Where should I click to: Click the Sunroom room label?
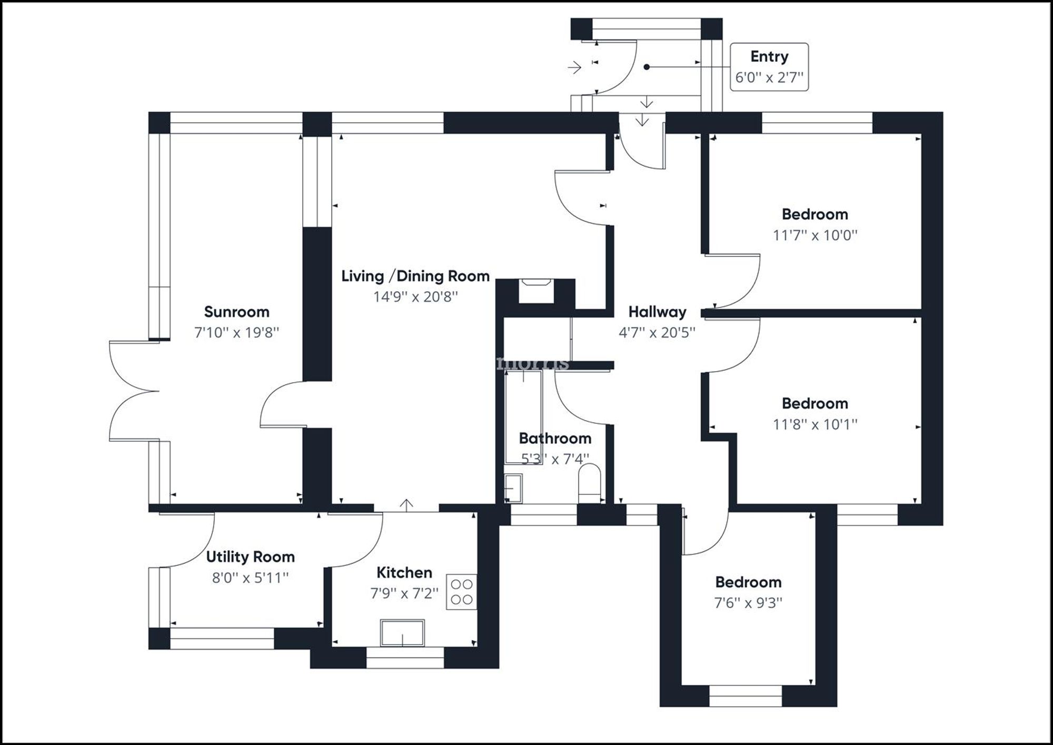coord(236,312)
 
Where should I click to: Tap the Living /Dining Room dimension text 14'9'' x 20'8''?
coord(415,297)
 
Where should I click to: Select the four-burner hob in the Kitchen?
coord(462,592)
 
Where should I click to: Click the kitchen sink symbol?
coord(402,633)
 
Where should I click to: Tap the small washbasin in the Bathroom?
coord(513,488)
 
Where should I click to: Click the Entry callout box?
coord(769,67)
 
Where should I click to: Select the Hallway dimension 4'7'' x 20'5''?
coord(657,333)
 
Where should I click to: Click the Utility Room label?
coord(250,557)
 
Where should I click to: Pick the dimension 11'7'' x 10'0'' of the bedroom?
coord(814,235)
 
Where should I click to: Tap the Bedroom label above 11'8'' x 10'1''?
coord(814,403)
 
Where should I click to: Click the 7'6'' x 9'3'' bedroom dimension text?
coord(748,603)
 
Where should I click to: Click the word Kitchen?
coord(404,572)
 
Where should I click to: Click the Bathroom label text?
coord(555,438)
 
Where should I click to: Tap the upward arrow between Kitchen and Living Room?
coord(406,504)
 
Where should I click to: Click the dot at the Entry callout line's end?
coord(647,67)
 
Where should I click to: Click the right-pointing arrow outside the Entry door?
coord(574,67)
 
